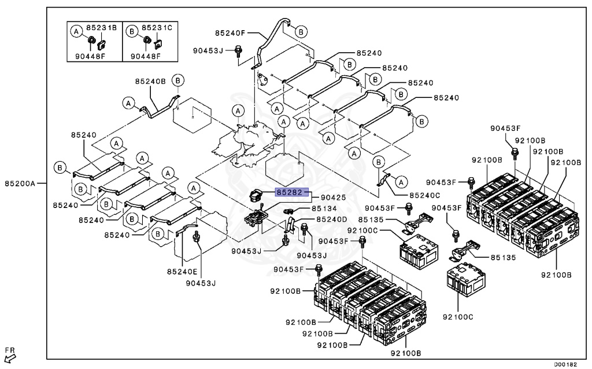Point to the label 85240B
(150, 81)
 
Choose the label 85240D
(331, 220)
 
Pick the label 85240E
(182, 271)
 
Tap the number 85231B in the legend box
(102, 27)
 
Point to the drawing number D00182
(566, 364)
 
